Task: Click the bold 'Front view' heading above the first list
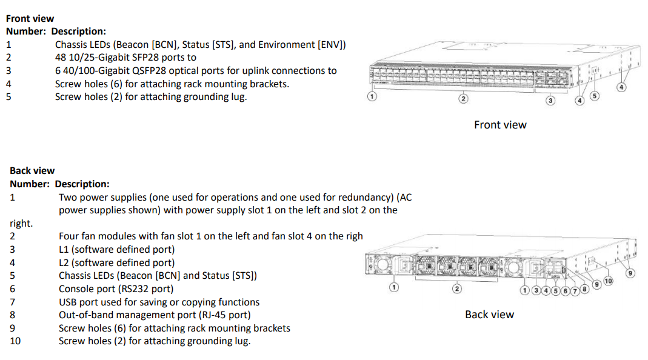click(30, 19)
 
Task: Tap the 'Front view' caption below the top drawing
click(500, 125)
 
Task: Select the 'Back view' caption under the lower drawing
click(489, 315)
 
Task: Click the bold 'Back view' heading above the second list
click(32, 171)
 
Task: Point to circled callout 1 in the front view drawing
click(372, 96)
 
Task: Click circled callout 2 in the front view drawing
click(463, 99)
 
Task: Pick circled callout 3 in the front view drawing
click(550, 101)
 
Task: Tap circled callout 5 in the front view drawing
click(594, 96)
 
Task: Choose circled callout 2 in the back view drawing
click(457, 288)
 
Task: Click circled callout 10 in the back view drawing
click(608, 281)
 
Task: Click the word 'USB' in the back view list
click(68, 302)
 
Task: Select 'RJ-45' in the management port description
click(213, 315)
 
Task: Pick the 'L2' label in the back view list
click(64, 263)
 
